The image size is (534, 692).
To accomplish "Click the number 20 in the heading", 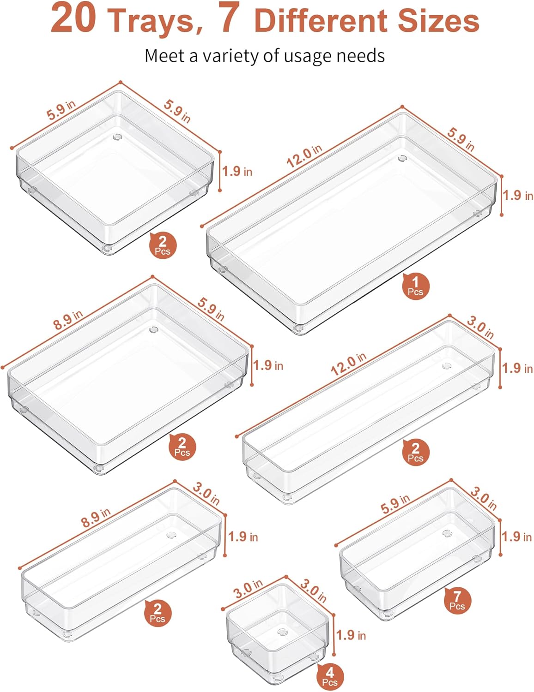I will tap(73, 19).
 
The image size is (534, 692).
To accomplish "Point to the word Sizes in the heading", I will tap(438, 21).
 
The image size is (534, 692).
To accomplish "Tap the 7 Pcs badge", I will tap(457, 601).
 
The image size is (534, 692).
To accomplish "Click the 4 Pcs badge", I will tap(329, 677).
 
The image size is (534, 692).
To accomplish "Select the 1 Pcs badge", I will tap(415, 286).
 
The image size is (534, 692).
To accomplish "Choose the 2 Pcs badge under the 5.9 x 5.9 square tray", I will tap(163, 245).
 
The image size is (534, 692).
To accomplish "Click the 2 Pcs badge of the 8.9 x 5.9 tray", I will tap(182, 447).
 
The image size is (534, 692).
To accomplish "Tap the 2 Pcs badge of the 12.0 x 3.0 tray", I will tap(415, 452).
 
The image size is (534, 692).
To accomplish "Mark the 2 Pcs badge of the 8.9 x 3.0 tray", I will tap(158, 613).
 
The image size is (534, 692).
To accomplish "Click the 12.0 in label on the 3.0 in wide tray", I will tap(348, 364).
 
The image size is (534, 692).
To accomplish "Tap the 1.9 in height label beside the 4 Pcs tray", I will tap(351, 635).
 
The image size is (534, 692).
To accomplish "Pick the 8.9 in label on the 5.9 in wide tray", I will tap(68, 320).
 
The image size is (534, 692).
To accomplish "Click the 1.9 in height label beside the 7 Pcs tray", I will tap(517, 537).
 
